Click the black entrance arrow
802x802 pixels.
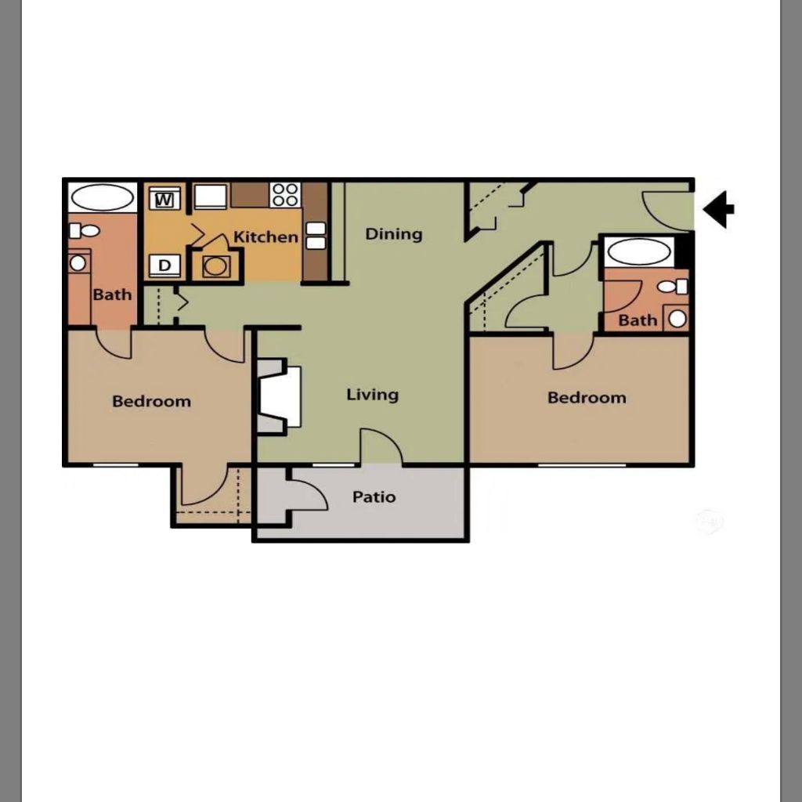click(718, 209)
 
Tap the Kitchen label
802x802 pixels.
click(266, 237)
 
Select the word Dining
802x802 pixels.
click(394, 234)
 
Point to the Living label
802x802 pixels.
click(372, 395)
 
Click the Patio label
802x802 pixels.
click(374, 497)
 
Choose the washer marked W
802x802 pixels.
click(164, 198)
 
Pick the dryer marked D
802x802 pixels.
click(164, 266)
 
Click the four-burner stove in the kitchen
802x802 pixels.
click(285, 195)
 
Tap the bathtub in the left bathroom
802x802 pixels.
click(103, 197)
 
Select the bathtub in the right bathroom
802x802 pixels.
click(638, 252)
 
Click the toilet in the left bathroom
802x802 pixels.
click(84, 231)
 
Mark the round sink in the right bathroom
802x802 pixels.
click(677, 319)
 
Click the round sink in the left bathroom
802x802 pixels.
click(78, 263)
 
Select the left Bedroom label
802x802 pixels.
click(151, 401)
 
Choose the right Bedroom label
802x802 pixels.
click(587, 397)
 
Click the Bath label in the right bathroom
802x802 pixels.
click(638, 320)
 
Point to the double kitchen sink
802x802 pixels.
click(316, 236)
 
